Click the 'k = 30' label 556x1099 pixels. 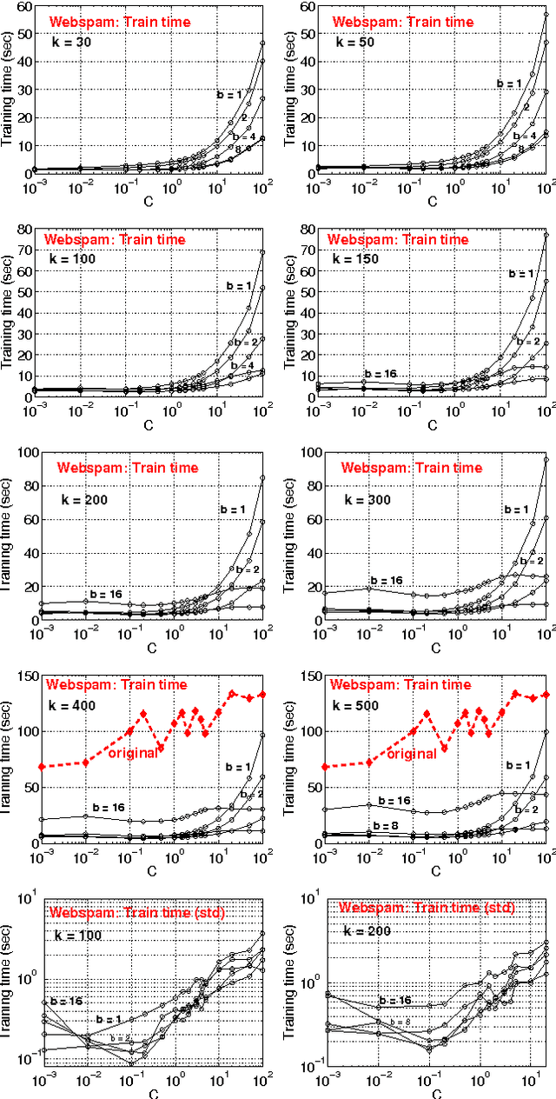(71, 40)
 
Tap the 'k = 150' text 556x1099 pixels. (358, 259)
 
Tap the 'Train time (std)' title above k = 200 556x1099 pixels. (426, 908)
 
